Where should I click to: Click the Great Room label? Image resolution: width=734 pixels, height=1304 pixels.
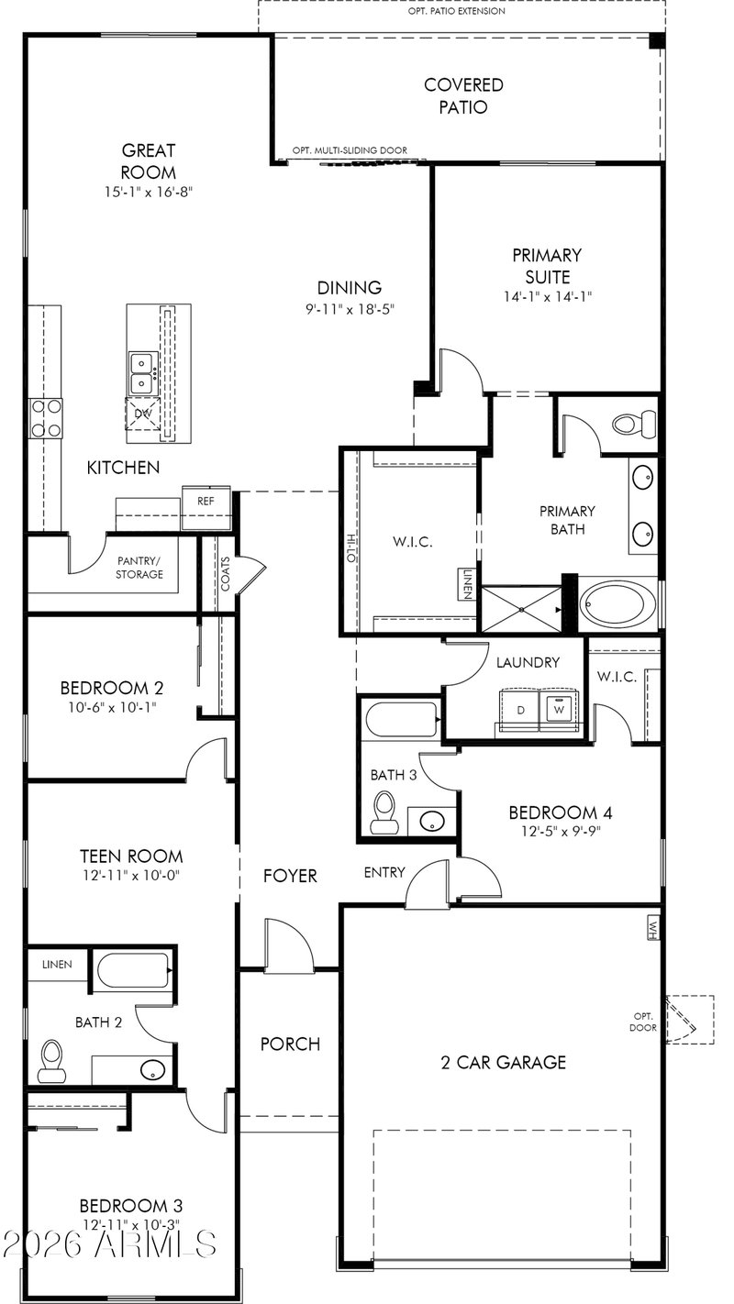point(149,161)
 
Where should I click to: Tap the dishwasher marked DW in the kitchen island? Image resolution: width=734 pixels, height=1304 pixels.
point(143,414)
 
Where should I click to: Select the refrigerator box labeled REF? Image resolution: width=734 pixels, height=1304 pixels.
point(206,508)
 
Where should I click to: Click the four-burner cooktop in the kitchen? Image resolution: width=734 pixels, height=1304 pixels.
point(47,418)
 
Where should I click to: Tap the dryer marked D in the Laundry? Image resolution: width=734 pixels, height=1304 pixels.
point(520,709)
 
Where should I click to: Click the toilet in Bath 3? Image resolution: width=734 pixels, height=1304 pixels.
point(384,812)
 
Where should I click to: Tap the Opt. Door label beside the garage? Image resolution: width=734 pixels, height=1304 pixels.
point(643,1022)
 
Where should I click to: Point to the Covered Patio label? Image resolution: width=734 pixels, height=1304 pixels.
point(463,96)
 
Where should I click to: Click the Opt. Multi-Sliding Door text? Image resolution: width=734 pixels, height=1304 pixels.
point(350,150)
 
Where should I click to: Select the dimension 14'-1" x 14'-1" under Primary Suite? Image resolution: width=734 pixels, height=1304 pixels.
point(548,297)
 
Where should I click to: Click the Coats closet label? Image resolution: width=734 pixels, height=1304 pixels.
point(226,574)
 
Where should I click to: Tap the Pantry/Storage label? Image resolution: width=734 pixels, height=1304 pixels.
point(139,568)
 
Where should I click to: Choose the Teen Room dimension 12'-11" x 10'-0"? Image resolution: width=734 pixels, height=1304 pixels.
point(131,876)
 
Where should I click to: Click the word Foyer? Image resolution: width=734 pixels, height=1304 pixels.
point(290,876)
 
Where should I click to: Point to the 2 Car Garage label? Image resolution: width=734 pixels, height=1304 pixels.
point(504,1063)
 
